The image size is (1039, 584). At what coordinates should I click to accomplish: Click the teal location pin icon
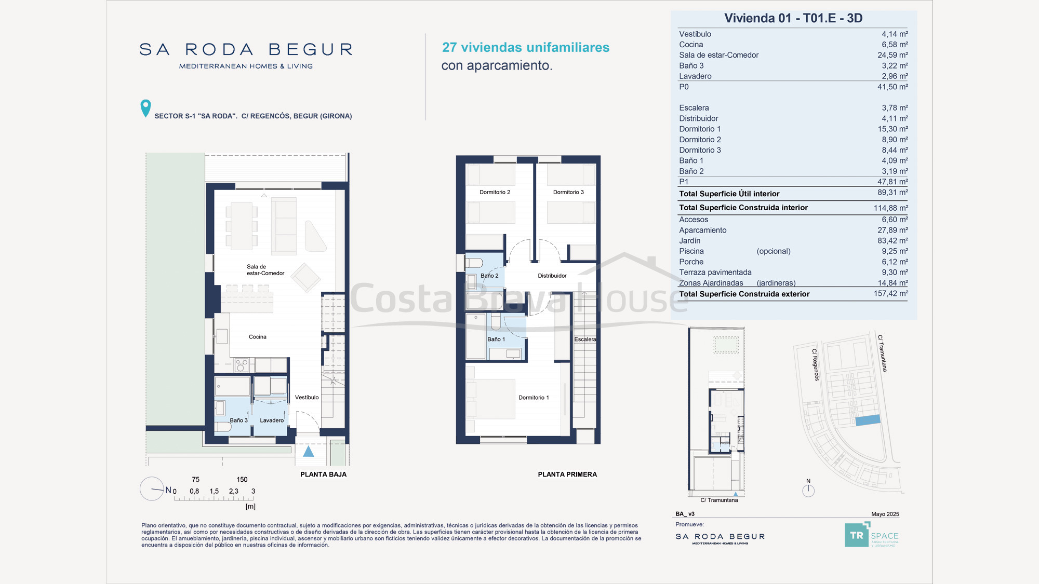point(145,108)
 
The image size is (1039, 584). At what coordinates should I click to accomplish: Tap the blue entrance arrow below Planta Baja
point(309,451)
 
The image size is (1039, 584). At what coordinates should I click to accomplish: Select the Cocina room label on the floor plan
point(258,337)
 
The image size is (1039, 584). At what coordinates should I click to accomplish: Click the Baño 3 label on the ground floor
point(238,420)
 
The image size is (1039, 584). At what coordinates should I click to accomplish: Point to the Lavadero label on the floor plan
point(272,420)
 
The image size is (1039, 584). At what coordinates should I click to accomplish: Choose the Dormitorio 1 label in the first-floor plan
point(534,398)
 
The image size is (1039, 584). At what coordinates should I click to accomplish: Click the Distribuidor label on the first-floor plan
point(552,276)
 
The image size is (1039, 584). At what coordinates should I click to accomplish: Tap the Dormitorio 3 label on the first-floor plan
point(568,192)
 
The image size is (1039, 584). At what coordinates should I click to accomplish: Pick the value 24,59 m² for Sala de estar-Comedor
point(893,55)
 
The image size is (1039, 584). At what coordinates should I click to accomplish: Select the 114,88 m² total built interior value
point(890,208)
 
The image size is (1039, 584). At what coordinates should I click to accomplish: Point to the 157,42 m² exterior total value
point(890,294)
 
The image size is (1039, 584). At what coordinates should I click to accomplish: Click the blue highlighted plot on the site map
point(868,420)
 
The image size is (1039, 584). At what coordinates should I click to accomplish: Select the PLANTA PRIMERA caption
point(567,474)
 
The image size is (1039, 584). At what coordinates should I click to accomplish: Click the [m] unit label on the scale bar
point(250,506)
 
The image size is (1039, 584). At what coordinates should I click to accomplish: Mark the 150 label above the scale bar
point(242,480)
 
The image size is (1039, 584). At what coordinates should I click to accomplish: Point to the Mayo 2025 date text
point(885,514)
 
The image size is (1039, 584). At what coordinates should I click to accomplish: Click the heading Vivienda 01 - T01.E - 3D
point(793,18)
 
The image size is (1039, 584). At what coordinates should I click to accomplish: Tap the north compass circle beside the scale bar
point(152,489)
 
